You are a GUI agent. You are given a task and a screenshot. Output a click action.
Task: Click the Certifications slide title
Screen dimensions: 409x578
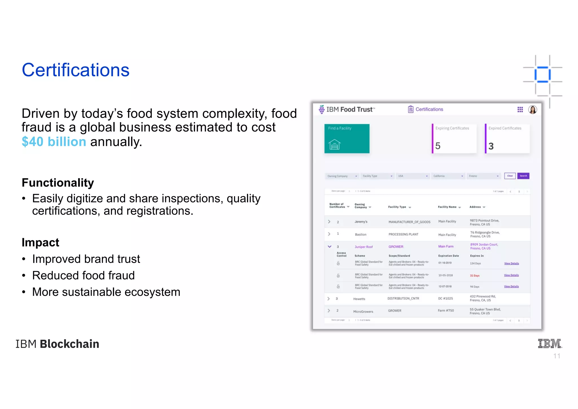pos(76,70)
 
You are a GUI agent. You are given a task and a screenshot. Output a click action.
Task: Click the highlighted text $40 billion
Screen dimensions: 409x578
pos(54,142)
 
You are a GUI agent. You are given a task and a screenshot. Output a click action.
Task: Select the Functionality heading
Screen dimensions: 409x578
pos(58,183)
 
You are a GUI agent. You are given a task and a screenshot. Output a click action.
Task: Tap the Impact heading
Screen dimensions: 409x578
pos(40,243)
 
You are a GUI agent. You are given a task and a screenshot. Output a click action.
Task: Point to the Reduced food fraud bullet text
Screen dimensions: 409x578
pos(83,275)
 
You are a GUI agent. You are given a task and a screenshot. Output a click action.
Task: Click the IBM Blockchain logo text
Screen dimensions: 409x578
pos(57,344)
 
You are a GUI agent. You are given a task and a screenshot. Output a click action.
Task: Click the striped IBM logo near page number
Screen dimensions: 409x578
pos(549,343)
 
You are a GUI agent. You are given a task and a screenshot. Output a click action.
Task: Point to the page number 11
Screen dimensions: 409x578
pos(557,356)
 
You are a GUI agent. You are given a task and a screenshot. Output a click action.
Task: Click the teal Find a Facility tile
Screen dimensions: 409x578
pos(347,139)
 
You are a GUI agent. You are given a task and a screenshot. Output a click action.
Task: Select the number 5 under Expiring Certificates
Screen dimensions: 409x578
pos(438,146)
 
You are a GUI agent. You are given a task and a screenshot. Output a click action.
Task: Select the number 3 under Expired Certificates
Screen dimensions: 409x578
pos(491,146)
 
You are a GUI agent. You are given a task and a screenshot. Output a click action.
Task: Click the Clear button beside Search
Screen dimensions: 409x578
pos(510,176)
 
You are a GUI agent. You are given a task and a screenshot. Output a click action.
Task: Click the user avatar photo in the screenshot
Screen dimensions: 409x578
pos(532,110)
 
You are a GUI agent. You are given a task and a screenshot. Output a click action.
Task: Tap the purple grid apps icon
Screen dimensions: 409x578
pos(520,110)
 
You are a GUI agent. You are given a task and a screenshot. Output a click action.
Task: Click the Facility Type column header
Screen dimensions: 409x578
pos(397,207)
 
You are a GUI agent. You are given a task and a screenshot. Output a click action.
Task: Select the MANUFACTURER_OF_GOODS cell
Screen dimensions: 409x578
pos(409,222)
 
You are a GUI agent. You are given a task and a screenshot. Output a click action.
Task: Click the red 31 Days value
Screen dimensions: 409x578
pos(474,276)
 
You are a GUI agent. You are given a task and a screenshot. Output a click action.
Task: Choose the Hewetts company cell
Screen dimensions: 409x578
pos(359,299)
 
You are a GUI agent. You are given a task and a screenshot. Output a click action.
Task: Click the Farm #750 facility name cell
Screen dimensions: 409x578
pos(446,311)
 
